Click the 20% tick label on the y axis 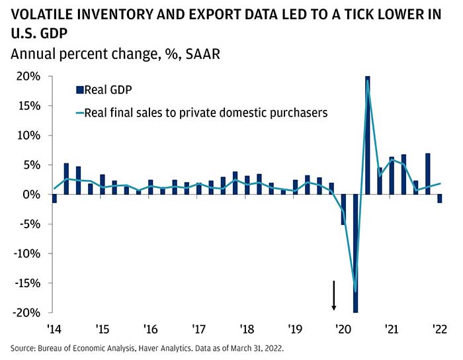point(29,77)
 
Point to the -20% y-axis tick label point(26,312)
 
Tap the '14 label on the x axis point(54,328)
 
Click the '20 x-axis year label point(343,328)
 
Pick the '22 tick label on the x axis point(439,328)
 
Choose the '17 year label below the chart point(198,328)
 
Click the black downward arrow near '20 point(334,295)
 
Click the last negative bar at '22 point(439,199)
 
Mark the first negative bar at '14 point(54,199)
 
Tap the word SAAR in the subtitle point(202,54)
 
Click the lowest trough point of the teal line point(355,291)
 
